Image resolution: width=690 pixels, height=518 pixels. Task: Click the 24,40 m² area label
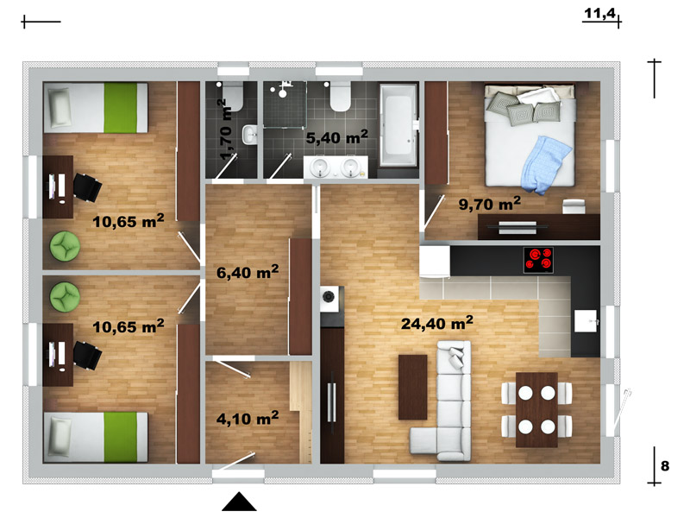[437, 323]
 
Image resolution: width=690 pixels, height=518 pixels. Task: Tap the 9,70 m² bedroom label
[489, 204]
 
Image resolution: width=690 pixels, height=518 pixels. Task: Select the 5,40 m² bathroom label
[337, 137]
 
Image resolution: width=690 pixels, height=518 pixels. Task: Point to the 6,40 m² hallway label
[248, 272]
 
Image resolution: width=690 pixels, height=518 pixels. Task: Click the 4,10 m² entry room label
[248, 418]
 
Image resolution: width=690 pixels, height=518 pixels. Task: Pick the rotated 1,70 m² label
[226, 129]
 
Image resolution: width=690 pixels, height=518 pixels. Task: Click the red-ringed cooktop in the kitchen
[538, 260]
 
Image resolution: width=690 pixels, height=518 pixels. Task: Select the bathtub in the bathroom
[398, 125]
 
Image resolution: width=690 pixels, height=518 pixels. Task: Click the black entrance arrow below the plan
[239, 502]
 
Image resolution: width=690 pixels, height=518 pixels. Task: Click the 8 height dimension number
[665, 465]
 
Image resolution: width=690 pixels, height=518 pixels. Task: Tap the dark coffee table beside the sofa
[413, 387]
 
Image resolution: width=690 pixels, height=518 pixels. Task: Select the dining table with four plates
[536, 409]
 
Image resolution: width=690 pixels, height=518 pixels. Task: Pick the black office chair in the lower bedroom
[87, 356]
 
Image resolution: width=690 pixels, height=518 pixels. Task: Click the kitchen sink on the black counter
[586, 320]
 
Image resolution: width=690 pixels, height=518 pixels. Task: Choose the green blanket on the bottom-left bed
[120, 437]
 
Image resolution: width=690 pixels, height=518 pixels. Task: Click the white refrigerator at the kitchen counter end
[435, 261]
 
